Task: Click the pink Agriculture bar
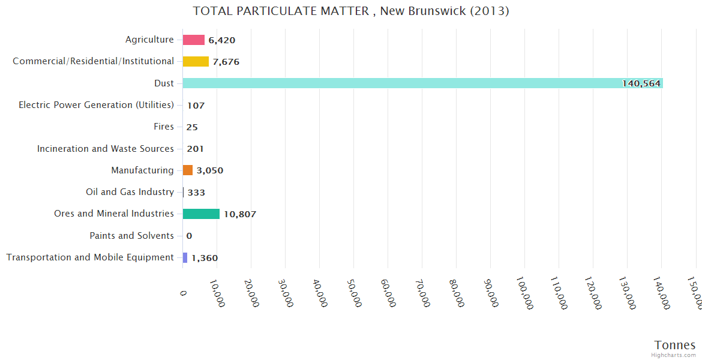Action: pyautogui.click(x=193, y=40)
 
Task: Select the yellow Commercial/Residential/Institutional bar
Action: pyautogui.click(x=196, y=62)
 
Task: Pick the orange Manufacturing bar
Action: pyautogui.click(x=188, y=170)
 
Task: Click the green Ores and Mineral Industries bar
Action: pyautogui.click(x=201, y=214)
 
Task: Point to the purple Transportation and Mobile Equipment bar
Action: pyautogui.click(x=185, y=257)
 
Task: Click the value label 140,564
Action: pyautogui.click(x=641, y=84)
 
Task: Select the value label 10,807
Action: pyautogui.click(x=240, y=214)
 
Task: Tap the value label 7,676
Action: pyautogui.click(x=226, y=62)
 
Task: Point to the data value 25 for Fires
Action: pyautogui.click(x=192, y=127)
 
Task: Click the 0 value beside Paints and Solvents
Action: pyautogui.click(x=189, y=236)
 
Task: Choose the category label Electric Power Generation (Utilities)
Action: pyautogui.click(x=96, y=105)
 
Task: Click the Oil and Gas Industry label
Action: pyautogui.click(x=130, y=192)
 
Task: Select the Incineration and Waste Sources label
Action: pyautogui.click(x=105, y=149)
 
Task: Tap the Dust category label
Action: pyautogui.click(x=164, y=83)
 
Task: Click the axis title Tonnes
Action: pyautogui.click(x=674, y=345)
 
